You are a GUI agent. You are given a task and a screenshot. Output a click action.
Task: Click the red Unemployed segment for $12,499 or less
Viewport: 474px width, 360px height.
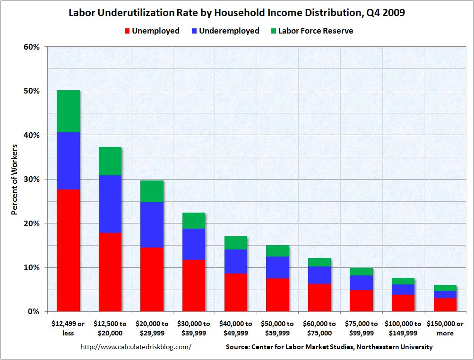[x=68, y=250]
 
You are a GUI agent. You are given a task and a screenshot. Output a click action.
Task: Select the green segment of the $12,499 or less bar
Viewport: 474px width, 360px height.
[x=68, y=111]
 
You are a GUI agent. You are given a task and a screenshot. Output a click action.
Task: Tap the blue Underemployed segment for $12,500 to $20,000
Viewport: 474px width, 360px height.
[x=110, y=204]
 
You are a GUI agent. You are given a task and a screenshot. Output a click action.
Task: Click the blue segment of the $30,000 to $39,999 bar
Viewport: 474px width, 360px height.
[x=193, y=244]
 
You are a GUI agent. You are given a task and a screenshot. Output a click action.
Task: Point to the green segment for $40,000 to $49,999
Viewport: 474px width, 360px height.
[x=235, y=243]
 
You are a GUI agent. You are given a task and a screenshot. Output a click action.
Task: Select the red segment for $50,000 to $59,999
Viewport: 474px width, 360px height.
[x=277, y=295]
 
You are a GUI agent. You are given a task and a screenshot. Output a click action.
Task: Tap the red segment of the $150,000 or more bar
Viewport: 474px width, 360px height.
[x=445, y=305]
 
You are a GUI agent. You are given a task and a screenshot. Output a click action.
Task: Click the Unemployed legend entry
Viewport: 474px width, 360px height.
[x=151, y=31]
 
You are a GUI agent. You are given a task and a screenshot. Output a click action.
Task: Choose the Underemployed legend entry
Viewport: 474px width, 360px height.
[x=224, y=31]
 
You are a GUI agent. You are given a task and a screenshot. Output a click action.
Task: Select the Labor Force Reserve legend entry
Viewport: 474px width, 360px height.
[x=310, y=31]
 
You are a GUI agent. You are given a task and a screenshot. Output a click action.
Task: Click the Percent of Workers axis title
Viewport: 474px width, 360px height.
[x=15, y=180]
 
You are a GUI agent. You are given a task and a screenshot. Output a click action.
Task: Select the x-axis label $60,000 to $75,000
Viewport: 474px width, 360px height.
[x=319, y=328]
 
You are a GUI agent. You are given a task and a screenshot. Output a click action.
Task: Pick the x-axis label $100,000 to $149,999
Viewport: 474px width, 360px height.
[x=403, y=328]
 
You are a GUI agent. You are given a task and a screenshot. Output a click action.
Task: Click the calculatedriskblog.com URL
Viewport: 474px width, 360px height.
[x=136, y=347]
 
